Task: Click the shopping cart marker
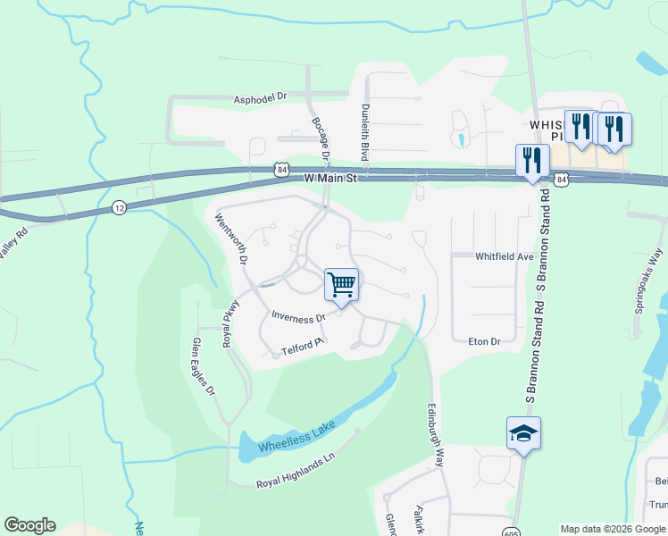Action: pyautogui.click(x=341, y=286)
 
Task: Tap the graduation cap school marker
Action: pyautogui.click(x=523, y=434)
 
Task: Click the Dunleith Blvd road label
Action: pyautogui.click(x=364, y=132)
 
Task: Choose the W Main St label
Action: pyautogui.click(x=330, y=179)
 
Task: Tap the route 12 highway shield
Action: pyautogui.click(x=120, y=207)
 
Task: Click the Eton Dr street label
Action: pyautogui.click(x=484, y=341)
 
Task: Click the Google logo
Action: pyautogui.click(x=29, y=525)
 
